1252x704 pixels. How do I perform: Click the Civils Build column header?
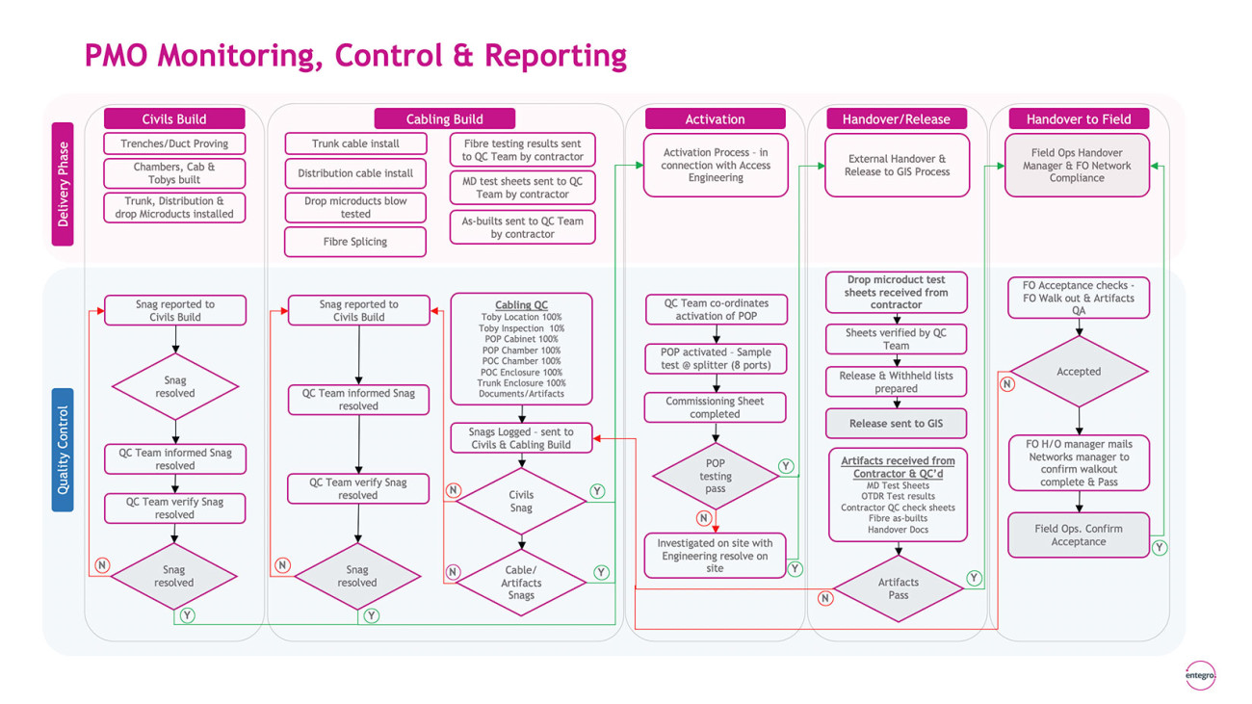coord(174,118)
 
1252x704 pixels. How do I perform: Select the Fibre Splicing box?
coord(355,242)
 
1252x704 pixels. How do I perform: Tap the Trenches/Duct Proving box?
coord(174,143)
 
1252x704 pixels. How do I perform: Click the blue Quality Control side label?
coord(63,450)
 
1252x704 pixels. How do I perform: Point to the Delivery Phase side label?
coord(63,184)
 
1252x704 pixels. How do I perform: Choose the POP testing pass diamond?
coord(716,476)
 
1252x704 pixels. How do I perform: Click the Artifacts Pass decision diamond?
coord(899,588)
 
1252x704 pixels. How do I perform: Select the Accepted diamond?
coord(1079,372)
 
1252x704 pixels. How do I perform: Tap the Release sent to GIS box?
coord(896,424)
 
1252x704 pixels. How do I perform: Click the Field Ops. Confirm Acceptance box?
coord(1079,535)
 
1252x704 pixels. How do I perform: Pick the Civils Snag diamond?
coord(521,501)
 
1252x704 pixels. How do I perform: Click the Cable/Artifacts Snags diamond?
coord(521,583)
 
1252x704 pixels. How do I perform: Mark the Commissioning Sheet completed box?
coord(715,407)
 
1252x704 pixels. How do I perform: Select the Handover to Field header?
coord(1079,118)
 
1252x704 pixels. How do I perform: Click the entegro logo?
coord(1200,675)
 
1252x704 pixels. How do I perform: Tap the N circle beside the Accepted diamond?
coord(1007,384)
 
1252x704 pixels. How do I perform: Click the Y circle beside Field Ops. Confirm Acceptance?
coord(1160,548)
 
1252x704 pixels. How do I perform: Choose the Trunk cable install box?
coord(355,143)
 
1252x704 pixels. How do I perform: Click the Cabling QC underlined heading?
coord(521,304)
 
